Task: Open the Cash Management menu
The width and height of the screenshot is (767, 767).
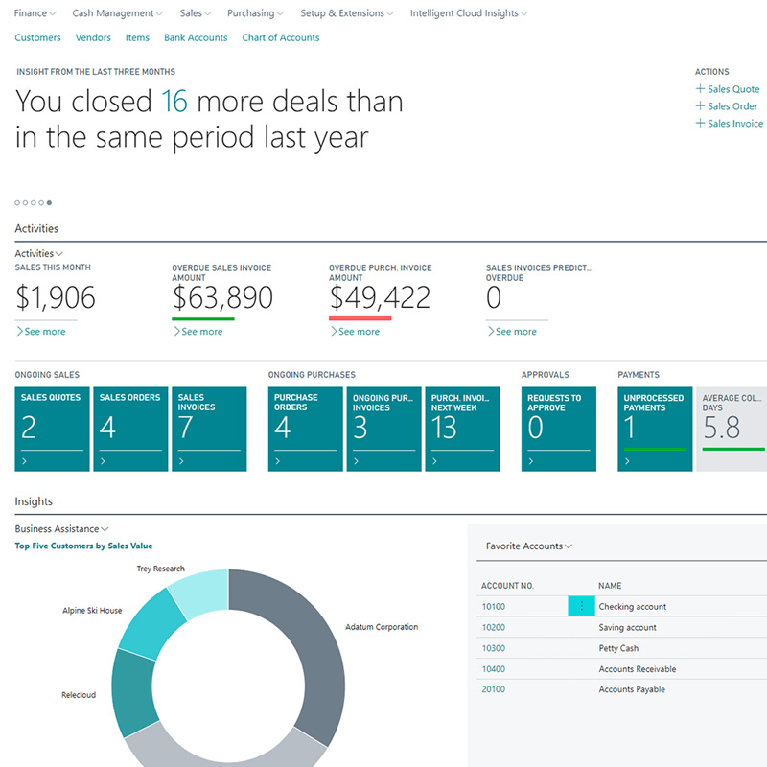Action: click(x=117, y=13)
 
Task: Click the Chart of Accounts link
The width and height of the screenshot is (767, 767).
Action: click(x=281, y=37)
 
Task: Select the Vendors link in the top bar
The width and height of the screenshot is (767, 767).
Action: click(x=92, y=37)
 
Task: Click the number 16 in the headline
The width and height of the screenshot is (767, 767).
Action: click(x=174, y=102)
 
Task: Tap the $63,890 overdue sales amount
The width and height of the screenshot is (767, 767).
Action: click(x=222, y=298)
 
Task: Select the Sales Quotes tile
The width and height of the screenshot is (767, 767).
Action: click(x=52, y=429)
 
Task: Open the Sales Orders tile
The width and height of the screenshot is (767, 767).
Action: click(x=130, y=429)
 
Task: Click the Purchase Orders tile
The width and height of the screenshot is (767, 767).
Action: click(x=305, y=429)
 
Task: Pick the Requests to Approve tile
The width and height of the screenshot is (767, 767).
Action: click(x=558, y=429)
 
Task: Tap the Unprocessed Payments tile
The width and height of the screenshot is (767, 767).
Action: click(x=655, y=429)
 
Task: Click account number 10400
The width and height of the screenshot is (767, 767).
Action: click(x=494, y=669)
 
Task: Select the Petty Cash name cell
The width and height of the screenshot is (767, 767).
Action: click(x=618, y=648)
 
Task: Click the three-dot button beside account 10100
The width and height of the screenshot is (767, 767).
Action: click(x=581, y=606)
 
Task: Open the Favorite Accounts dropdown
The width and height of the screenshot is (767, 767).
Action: click(x=529, y=546)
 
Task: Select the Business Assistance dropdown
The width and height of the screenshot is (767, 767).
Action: click(x=62, y=529)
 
